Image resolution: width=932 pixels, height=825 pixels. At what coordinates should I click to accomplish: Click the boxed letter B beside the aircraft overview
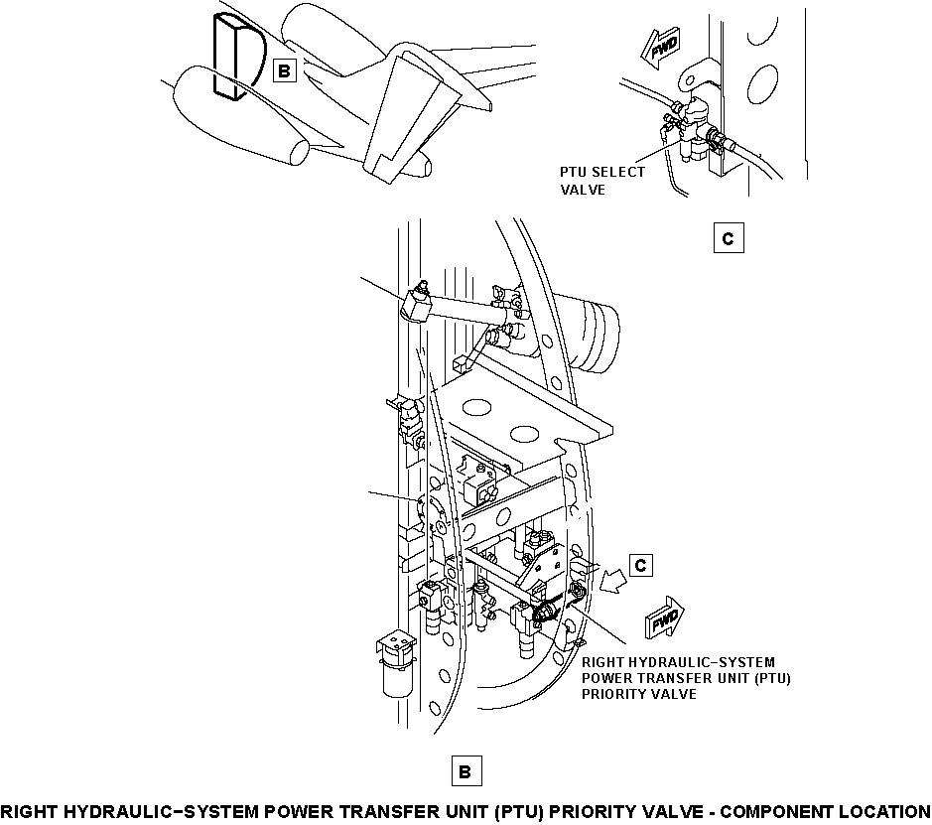[284, 70]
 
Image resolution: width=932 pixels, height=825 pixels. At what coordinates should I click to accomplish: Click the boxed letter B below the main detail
[466, 771]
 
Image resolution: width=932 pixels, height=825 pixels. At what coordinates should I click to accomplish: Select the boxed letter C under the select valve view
[729, 238]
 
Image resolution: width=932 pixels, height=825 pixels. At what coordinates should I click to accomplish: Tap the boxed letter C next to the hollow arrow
[641, 565]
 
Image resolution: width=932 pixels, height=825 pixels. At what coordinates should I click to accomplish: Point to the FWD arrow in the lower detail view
[665, 617]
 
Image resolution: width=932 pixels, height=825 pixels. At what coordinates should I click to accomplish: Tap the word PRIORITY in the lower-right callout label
[612, 694]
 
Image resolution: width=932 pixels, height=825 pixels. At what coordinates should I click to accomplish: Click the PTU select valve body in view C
[694, 127]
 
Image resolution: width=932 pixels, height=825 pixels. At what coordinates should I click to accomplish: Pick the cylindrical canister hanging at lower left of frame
[397, 664]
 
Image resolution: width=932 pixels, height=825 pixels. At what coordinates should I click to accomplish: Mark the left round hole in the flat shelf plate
[476, 407]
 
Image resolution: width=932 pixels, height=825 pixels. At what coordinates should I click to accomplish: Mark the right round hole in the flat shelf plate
[524, 433]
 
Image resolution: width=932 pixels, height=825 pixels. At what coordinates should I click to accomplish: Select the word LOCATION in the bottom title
[884, 812]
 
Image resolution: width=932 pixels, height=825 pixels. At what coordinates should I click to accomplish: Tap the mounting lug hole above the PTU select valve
[690, 79]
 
